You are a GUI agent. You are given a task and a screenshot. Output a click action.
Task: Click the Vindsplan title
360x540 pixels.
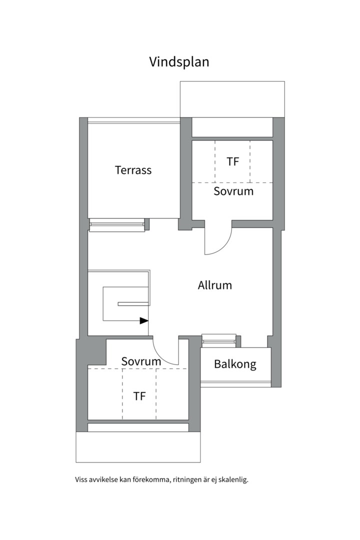[179, 62]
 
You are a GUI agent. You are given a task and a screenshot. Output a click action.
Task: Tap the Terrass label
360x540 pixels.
[133, 170]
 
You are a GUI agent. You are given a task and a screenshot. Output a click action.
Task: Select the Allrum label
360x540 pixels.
[214, 285]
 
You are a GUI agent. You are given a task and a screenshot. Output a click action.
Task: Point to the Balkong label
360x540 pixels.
[235, 364]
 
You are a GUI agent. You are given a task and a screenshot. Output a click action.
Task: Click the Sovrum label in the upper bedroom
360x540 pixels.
[233, 191]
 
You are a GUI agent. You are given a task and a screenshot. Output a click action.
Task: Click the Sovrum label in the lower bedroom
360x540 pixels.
[141, 361]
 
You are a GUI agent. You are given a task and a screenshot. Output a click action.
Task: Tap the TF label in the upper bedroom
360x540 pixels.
[233, 161]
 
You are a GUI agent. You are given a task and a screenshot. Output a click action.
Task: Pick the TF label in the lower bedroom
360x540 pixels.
[139, 396]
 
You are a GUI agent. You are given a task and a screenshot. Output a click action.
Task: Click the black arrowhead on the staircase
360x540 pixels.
[144, 320]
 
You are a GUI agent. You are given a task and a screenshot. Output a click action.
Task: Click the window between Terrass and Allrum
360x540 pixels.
[117, 225]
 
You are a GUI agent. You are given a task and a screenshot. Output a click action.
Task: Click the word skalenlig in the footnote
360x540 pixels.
[234, 479]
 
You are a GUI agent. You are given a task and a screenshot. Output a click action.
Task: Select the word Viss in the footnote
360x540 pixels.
[80, 479]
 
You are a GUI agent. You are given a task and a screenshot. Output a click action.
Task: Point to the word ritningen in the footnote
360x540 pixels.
[186, 479]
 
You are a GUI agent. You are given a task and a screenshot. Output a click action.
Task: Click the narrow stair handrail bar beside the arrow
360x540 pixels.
[133, 304]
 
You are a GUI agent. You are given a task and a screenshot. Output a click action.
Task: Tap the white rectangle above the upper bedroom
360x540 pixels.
[232, 99]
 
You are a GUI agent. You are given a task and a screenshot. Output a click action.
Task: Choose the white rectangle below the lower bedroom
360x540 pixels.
[138, 447]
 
